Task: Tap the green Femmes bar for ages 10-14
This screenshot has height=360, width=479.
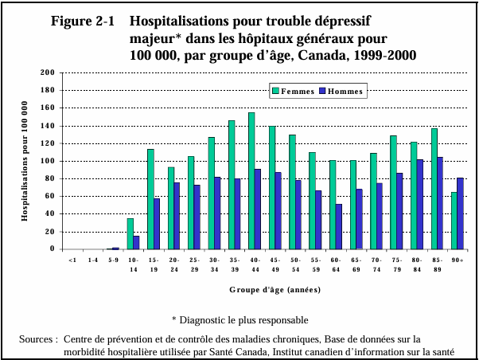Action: point(130,233)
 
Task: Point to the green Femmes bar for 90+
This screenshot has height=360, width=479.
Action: point(454,221)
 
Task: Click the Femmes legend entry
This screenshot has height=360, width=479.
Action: point(293,91)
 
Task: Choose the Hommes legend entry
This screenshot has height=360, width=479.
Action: point(341,91)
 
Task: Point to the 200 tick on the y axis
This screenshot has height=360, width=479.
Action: point(47,73)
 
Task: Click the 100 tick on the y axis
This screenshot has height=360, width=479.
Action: point(47,161)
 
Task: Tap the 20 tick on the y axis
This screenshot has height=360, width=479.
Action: point(49,232)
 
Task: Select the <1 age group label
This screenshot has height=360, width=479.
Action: point(72,260)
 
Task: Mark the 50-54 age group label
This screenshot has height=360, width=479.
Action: point(295,264)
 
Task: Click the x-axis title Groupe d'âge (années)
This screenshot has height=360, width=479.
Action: point(265,292)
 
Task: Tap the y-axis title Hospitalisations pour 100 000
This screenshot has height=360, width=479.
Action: point(25,161)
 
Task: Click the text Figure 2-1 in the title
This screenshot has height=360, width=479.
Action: point(84,22)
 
